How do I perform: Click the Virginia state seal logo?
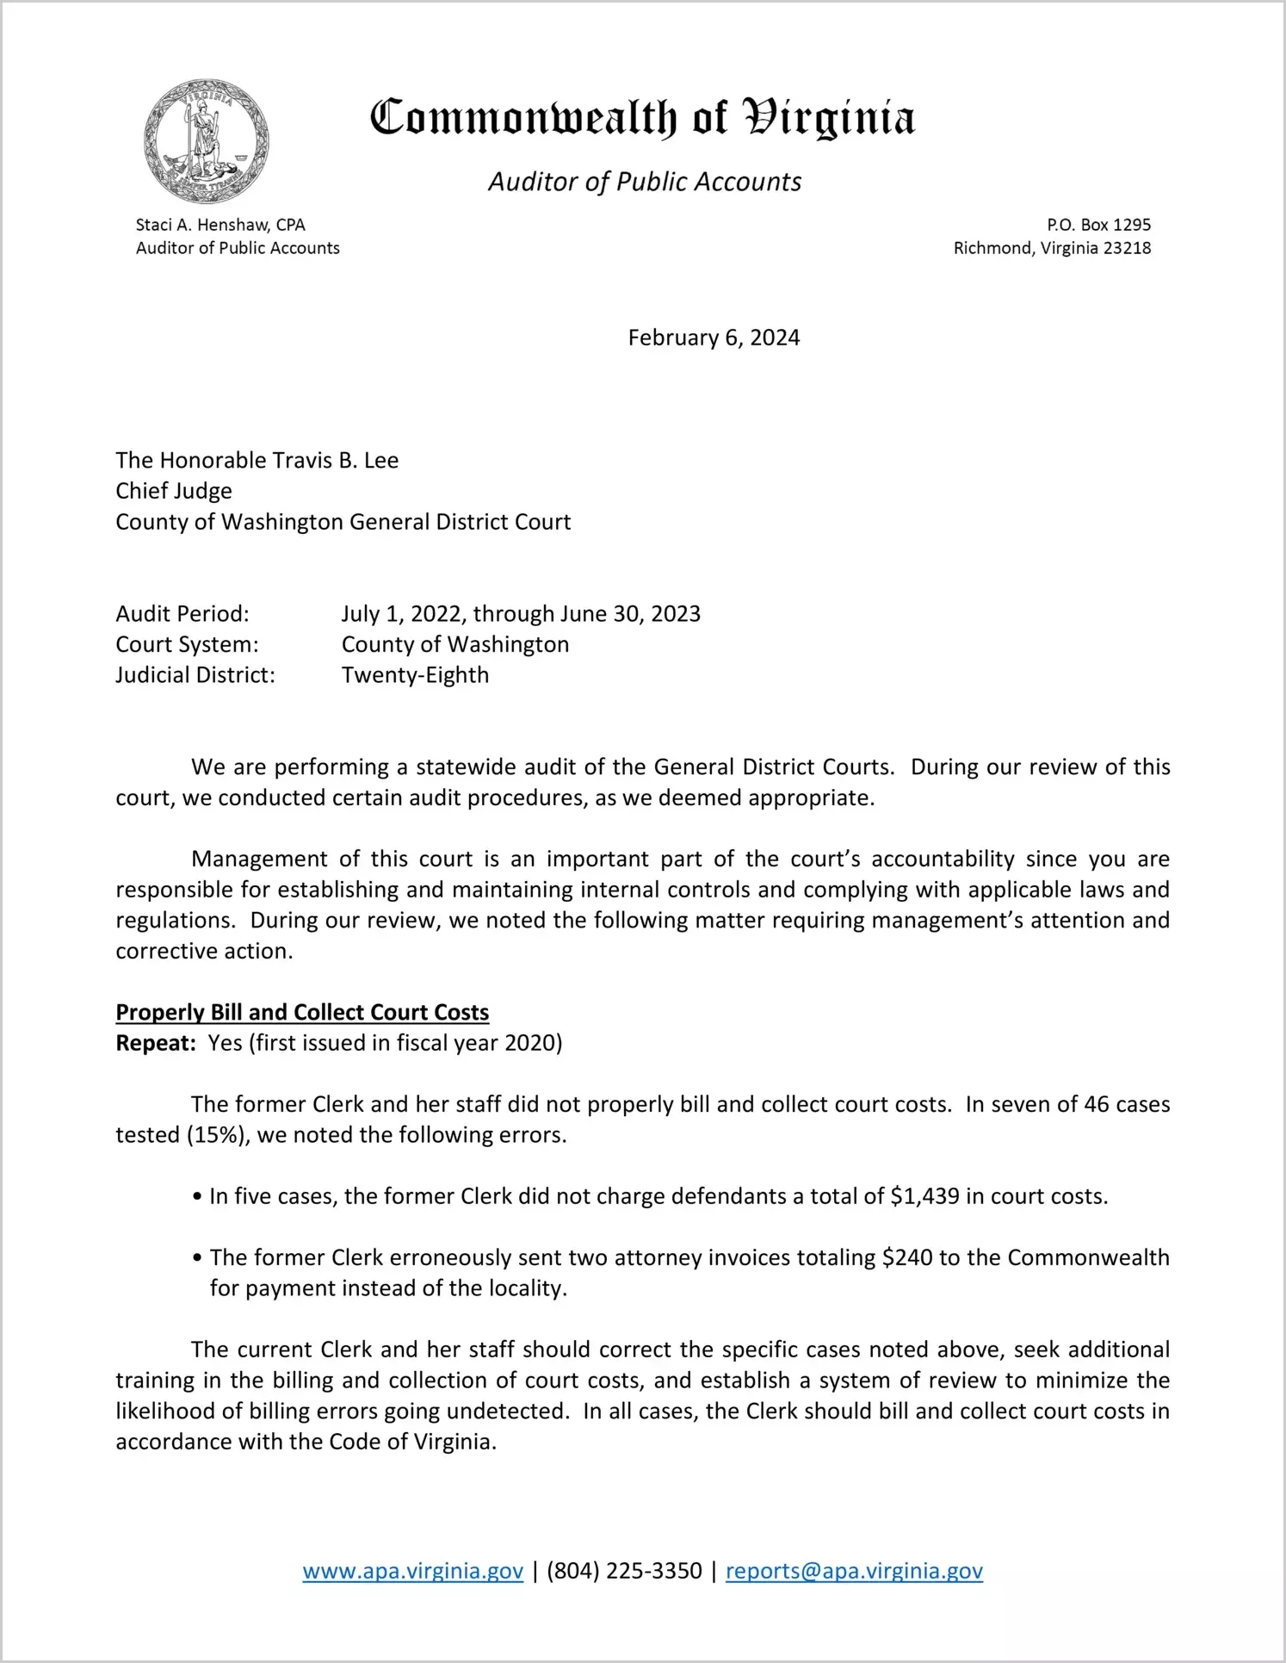point(207,141)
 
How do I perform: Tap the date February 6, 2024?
point(714,338)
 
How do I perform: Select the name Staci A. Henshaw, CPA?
point(220,225)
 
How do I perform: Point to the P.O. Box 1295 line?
point(1098,225)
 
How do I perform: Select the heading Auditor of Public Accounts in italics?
point(645,182)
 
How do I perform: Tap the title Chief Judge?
point(174,491)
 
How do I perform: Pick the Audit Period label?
point(182,614)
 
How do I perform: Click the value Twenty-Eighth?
point(415,675)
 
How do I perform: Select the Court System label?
point(187,644)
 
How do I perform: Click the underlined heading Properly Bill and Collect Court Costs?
point(302,1012)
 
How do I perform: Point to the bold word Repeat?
point(156,1043)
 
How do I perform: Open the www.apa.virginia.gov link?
point(412,1571)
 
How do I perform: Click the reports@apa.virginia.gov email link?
point(854,1571)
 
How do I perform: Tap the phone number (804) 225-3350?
point(624,1571)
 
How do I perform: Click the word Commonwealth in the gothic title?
point(523,117)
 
